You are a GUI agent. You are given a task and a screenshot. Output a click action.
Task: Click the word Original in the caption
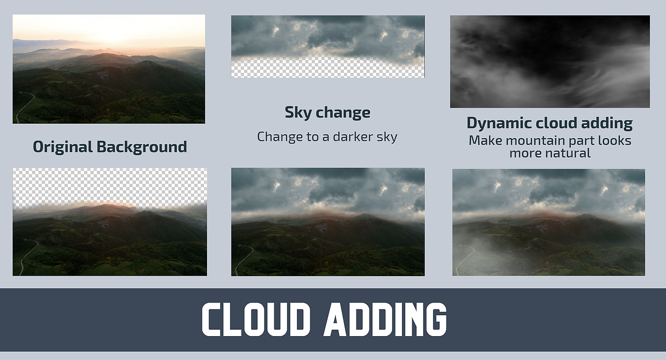(x=63, y=147)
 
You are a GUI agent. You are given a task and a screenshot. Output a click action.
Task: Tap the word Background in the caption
(x=142, y=147)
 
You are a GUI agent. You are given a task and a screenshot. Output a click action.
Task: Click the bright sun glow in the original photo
(x=109, y=33)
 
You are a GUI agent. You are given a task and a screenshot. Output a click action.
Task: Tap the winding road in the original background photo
(x=25, y=107)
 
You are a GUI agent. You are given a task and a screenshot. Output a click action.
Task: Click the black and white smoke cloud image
(x=550, y=61)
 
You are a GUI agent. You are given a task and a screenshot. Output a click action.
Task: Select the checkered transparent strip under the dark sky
(x=328, y=68)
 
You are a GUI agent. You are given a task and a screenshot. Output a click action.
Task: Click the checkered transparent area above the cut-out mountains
(x=110, y=186)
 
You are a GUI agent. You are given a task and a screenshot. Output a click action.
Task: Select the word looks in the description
(x=614, y=140)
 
